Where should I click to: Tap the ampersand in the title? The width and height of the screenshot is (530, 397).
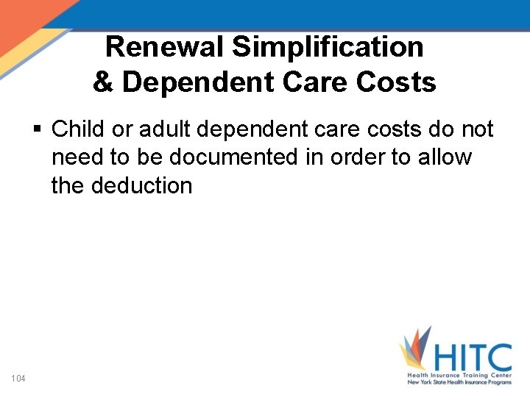pos(103,82)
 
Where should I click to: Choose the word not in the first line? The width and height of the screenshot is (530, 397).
pos(476,129)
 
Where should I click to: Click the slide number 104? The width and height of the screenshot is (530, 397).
pos(18,379)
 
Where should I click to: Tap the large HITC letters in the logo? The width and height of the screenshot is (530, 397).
pos(472,358)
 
